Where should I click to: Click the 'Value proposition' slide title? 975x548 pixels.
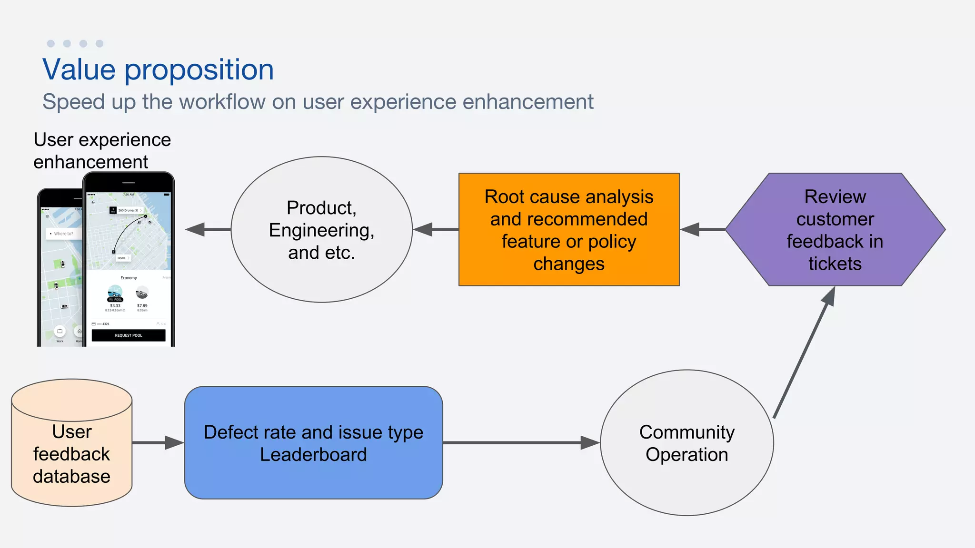click(x=158, y=70)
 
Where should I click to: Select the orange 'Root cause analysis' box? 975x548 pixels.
click(x=568, y=229)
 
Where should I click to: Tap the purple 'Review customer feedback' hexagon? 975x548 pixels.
click(x=835, y=229)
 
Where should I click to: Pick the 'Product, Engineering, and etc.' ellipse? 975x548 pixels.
click(x=321, y=229)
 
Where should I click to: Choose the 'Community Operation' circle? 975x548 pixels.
click(x=686, y=442)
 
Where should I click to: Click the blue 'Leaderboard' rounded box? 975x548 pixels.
click(x=313, y=442)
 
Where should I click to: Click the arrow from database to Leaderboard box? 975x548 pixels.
click(x=158, y=442)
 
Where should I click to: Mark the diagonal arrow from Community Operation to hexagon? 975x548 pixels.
click(x=805, y=352)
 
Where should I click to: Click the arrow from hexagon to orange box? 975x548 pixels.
click(x=702, y=229)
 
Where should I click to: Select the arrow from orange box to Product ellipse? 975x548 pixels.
click(x=435, y=229)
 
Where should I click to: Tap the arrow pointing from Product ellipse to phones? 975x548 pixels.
click(x=208, y=229)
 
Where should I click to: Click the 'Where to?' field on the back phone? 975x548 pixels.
click(x=63, y=234)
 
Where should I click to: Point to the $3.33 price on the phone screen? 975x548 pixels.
click(x=115, y=306)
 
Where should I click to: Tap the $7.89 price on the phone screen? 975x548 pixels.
click(x=142, y=306)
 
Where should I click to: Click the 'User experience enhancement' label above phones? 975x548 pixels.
click(x=102, y=151)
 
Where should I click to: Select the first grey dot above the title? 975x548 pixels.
click(x=51, y=44)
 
